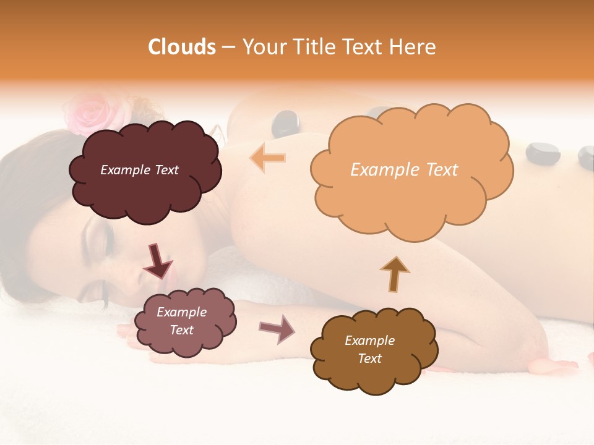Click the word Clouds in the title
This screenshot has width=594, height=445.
tap(182, 47)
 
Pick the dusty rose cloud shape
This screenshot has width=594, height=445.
tap(184, 322)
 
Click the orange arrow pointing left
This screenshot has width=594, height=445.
tap(268, 158)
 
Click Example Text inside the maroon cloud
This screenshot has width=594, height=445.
tap(140, 170)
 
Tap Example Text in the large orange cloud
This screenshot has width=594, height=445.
tap(404, 170)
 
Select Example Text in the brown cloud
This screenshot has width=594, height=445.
tap(369, 349)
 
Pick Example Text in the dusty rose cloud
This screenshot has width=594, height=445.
tap(181, 321)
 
